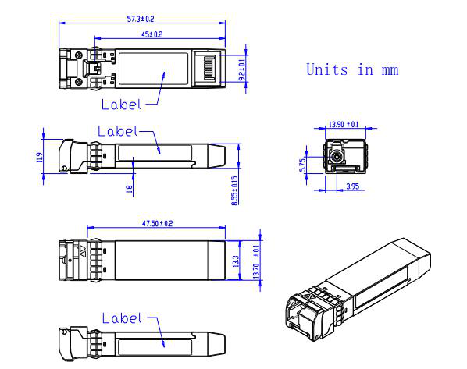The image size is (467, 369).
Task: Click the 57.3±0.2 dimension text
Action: coord(141,19)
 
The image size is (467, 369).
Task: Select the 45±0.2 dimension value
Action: coord(152,34)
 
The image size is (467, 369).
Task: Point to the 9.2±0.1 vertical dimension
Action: coord(243,69)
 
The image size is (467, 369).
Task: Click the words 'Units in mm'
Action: coord(352,69)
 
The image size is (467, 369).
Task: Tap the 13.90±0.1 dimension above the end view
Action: coord(344,124)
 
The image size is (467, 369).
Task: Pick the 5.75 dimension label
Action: coord(302,165)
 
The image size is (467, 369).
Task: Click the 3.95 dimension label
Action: coord(353,186)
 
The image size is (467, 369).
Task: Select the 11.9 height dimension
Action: coord(39,158)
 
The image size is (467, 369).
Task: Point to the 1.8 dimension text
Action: coord(129,190)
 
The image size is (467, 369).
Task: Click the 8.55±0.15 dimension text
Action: coord(235,190)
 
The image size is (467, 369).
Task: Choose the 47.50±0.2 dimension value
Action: coord(157,223)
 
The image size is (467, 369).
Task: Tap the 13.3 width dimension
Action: coord(235,261)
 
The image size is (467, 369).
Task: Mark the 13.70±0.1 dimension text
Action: coord(256,262)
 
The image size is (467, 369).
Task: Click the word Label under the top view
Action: coord(121,105)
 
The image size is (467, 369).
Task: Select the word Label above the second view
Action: coord(118,131)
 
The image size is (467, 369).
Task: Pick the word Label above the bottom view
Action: coord(122,318)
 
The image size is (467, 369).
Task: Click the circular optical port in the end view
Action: coord(337,156)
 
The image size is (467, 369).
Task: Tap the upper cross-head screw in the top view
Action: coord(79,55)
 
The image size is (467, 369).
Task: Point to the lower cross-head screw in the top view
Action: coord(79,82)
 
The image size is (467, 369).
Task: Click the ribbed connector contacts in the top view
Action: coord(209,68)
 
